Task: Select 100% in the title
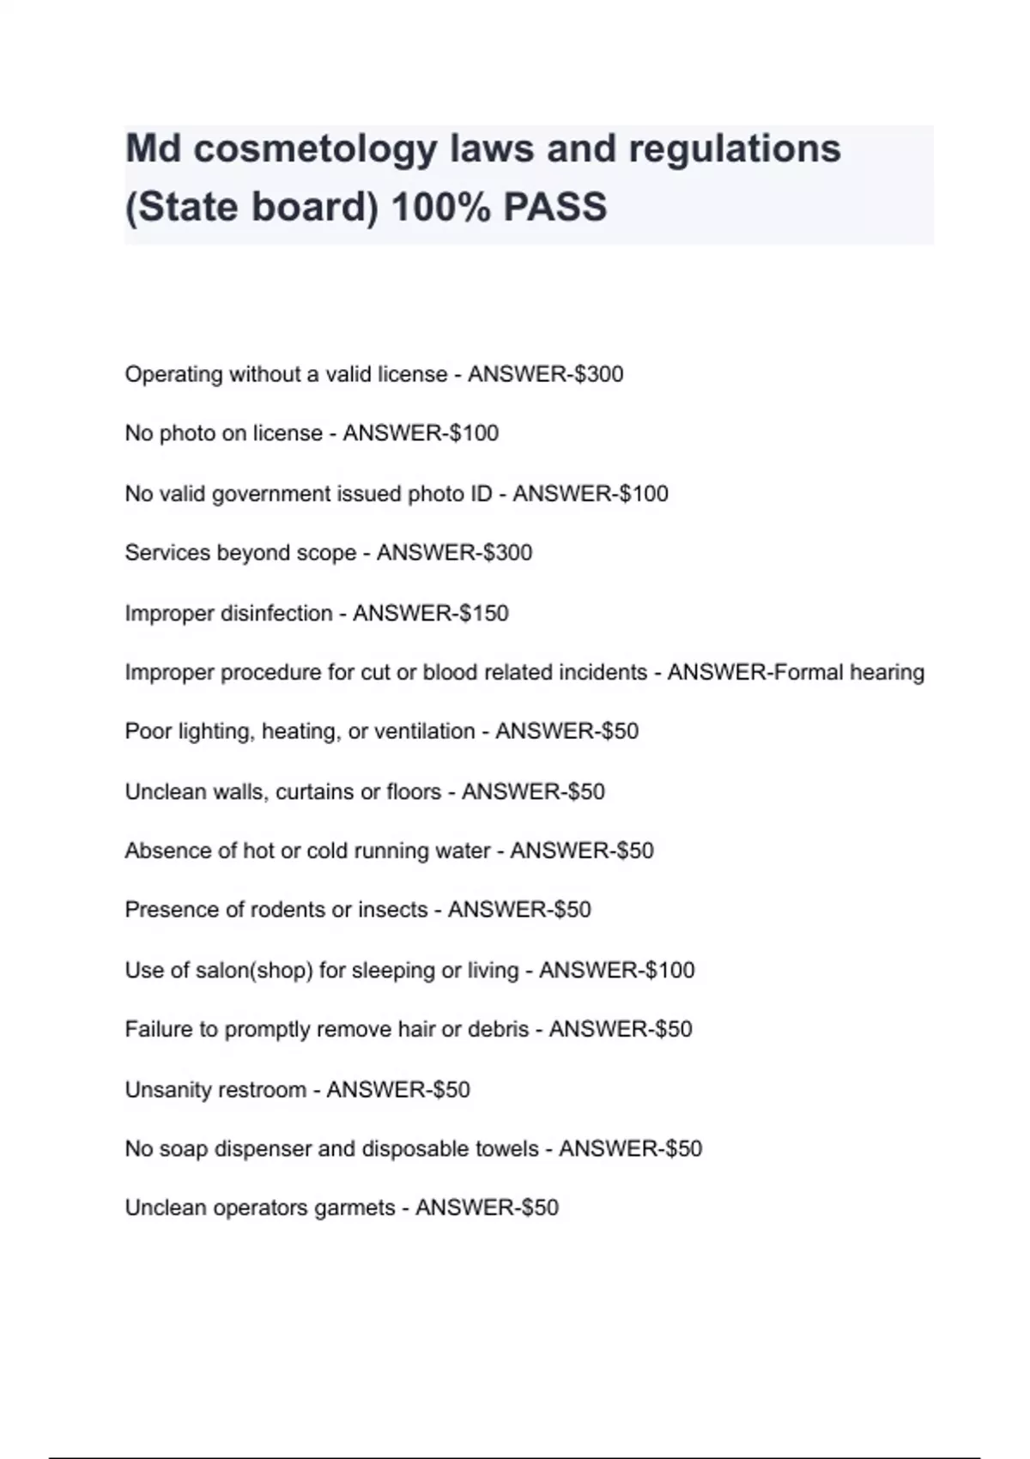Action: pos(439,207)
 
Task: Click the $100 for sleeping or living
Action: pos(669,971)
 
